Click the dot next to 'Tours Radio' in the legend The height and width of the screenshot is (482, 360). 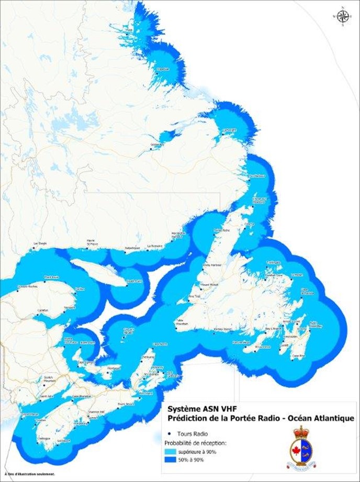pos(171,434)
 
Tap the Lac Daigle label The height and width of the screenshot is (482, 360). pos(40,244)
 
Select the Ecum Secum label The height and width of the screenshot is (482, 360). pos(126,403)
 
